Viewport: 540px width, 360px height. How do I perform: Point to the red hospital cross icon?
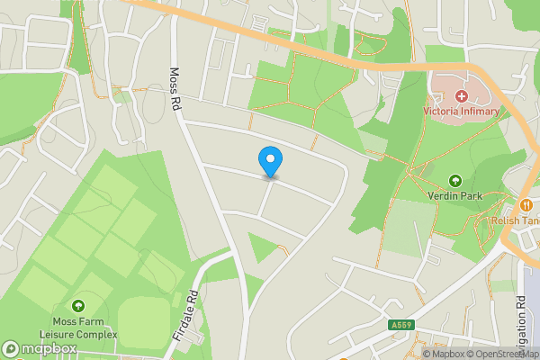(x=461, y=95)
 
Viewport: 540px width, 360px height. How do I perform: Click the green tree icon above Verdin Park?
(x=454, y=181)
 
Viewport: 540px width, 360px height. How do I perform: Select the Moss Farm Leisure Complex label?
(x=77, y=328)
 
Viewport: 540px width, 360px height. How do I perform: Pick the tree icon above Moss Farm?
(x=77, y=307)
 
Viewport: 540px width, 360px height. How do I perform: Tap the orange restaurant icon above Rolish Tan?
(x=526, y=204)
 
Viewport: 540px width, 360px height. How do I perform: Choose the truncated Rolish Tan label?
(x=515, y=220)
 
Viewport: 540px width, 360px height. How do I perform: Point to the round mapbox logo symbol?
(x=11, y=347)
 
